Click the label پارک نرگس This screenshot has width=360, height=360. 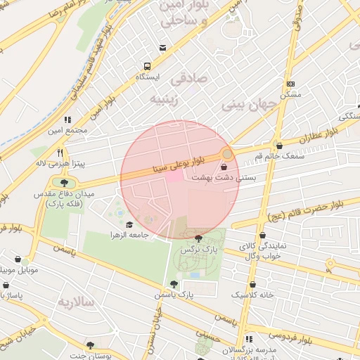[198, 250]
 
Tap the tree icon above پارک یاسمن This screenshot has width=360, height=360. [174, 283]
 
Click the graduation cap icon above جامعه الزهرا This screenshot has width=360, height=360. [129, 224]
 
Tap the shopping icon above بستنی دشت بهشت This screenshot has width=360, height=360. [224, 167]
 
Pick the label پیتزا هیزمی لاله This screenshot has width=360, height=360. [60, 163]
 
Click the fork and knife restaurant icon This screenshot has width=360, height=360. [60, 152]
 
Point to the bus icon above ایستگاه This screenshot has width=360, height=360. [146, 65]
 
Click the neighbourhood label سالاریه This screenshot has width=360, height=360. [75, 302]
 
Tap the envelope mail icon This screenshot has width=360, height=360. [163, 48]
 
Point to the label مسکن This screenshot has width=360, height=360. [290, 94]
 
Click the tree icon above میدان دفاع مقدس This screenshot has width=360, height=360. [55, 179]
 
